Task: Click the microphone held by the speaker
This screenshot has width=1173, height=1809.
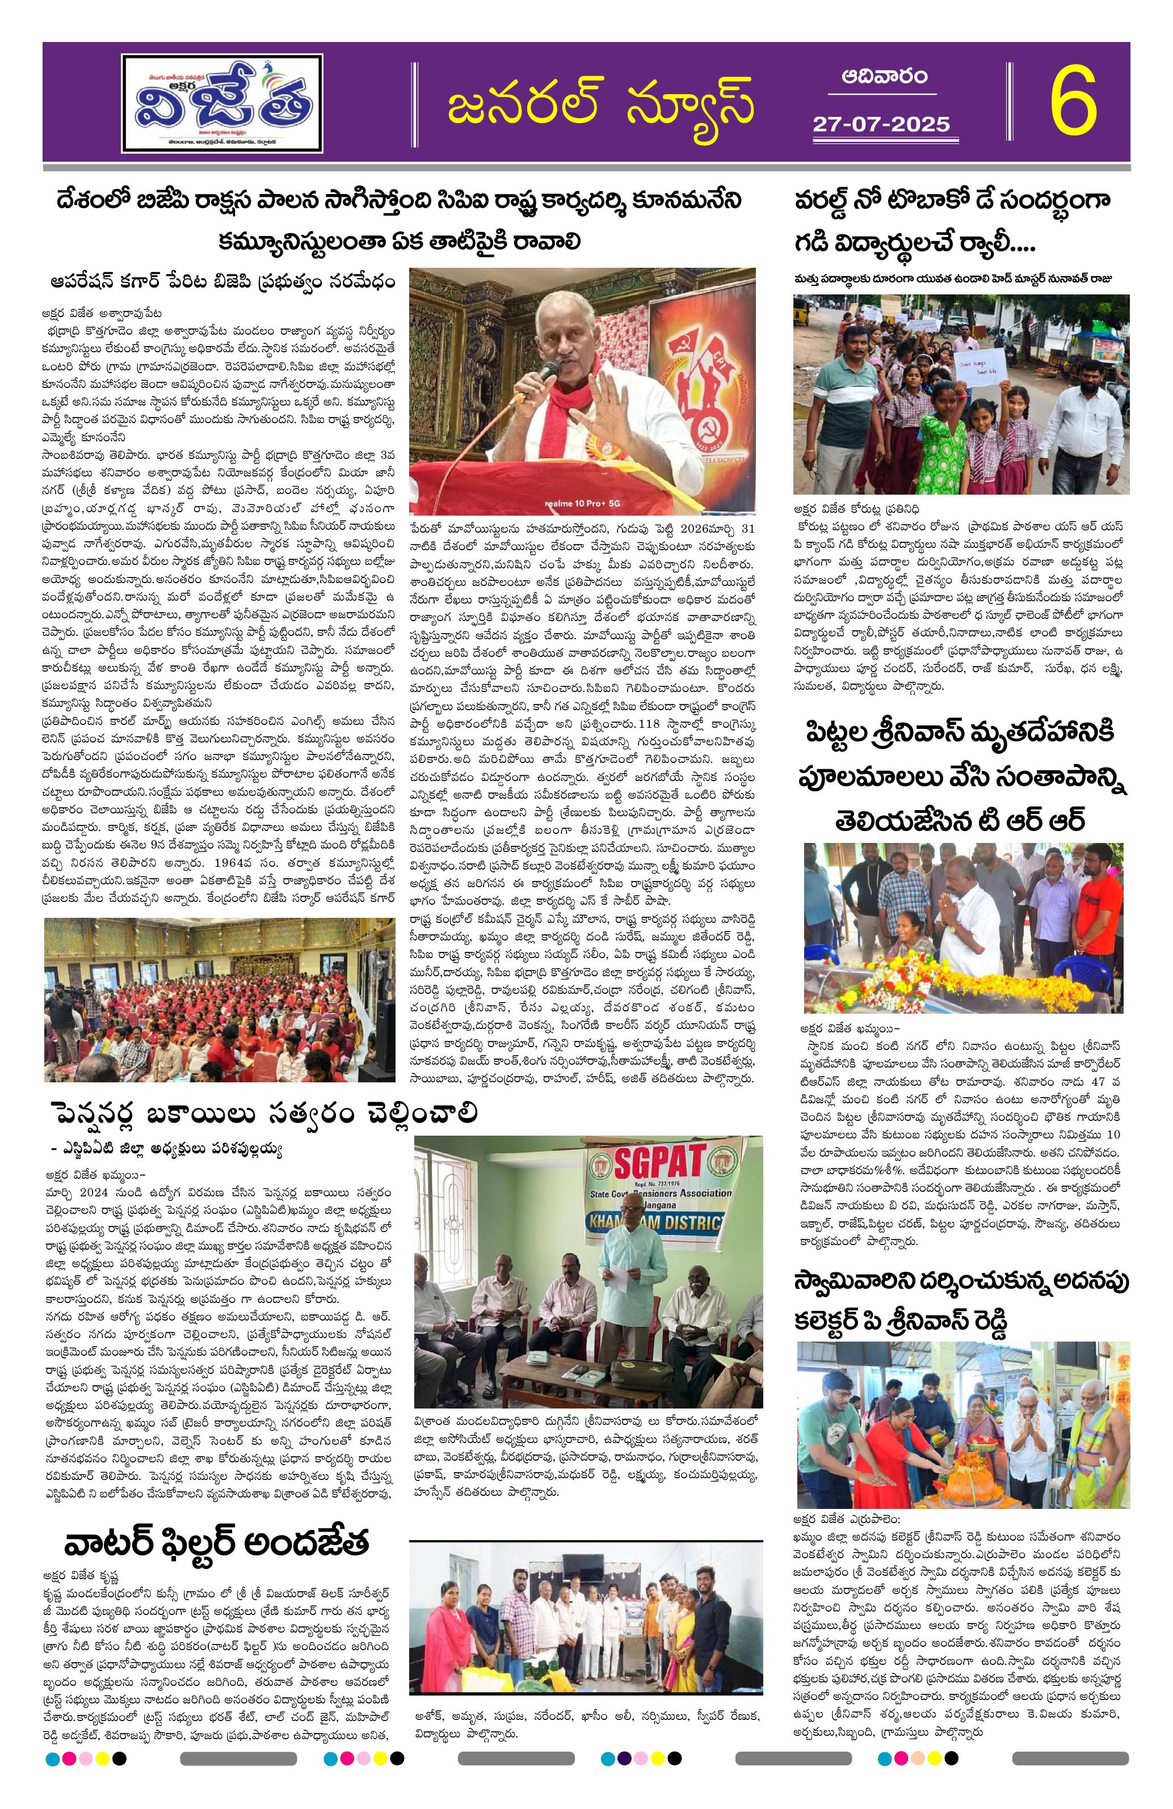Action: [548, 373]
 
